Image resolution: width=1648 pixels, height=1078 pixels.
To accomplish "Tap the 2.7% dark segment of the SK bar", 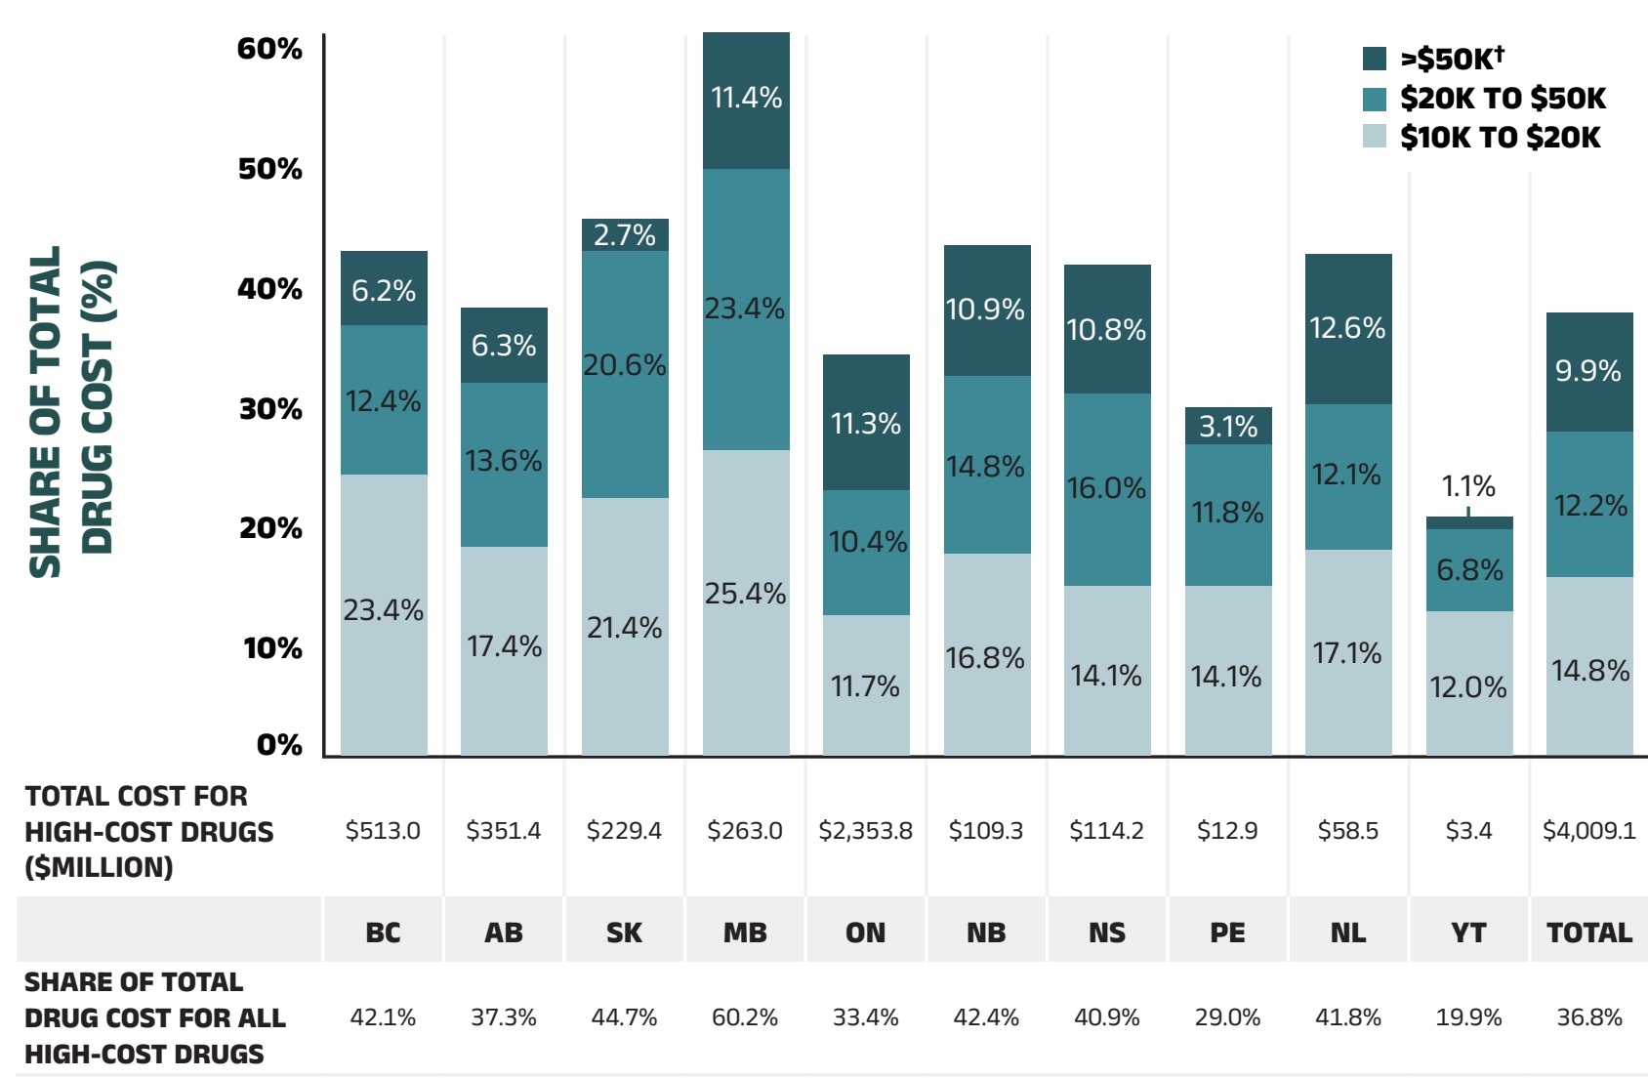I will (625, 235).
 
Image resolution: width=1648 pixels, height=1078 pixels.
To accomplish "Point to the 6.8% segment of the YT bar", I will (1469, 570).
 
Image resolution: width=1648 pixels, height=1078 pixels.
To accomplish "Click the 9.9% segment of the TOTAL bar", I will (1589, 372).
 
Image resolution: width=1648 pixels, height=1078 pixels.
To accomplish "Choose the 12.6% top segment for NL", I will (1348, 329).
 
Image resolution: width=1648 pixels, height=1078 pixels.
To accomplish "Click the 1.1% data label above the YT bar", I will (1468, 486).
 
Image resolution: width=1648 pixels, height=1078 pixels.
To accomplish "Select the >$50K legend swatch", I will (1375, 59).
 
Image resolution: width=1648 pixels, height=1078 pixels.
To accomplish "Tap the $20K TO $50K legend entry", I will (1502, 99).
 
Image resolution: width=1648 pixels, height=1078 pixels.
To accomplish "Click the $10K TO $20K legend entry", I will (1500, 138).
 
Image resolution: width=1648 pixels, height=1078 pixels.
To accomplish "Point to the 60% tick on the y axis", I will (269, 49).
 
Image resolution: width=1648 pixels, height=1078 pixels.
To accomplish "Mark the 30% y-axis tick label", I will (270, 409).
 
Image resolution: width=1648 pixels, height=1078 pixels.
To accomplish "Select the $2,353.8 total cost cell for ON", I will (865, 831).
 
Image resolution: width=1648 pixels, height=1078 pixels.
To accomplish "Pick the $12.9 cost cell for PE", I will (1227, 831).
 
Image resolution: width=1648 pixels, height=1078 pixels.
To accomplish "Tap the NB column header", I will (986, 933).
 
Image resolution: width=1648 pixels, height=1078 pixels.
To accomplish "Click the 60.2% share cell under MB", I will (745, 1017).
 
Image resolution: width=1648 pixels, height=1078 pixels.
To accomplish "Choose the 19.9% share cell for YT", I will (1468, 1017).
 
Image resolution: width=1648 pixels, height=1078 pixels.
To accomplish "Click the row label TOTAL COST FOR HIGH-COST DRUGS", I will (148, 832).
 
